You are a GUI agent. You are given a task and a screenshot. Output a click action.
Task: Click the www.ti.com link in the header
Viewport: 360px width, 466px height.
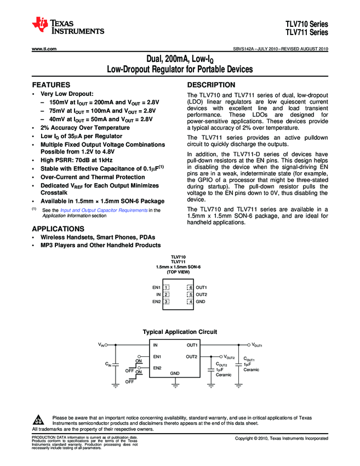tap(44, 48)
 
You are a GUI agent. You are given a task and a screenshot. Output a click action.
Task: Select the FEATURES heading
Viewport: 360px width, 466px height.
tap(51, 86)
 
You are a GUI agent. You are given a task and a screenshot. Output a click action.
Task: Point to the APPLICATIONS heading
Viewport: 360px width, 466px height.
tap(58, 229)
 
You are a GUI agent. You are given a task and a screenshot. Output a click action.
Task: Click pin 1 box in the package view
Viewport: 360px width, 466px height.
tap(166, 287)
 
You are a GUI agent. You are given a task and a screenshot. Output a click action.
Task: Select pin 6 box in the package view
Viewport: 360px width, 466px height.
tap(190, 287)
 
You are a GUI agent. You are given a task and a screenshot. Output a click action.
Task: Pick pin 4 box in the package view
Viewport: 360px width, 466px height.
tap(190, 302)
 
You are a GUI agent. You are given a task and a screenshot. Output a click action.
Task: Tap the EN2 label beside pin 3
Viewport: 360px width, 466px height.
tap(156, 302)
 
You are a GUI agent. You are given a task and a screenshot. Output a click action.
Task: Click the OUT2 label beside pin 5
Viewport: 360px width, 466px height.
tap(202, 294)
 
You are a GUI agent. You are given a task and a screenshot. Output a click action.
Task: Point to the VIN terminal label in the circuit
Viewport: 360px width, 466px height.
tap(102, 345)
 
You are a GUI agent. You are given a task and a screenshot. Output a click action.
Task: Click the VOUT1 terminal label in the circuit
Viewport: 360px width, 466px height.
tap(258, 345)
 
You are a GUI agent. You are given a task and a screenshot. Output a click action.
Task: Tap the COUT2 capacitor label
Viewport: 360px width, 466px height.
tap(222, 365)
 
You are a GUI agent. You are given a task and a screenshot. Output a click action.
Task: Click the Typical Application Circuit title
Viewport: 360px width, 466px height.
tap(180, 332)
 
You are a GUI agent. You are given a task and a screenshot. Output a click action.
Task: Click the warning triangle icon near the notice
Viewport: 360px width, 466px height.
tap(39, 420)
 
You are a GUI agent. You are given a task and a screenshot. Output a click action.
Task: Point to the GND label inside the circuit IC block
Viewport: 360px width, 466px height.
tap(175, 373)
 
